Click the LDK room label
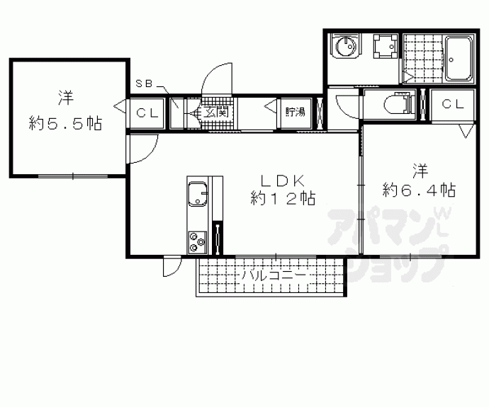click(283, 180)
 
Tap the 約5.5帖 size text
click(65, 124)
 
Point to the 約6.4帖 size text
click(420, 190)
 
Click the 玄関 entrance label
click(215, 112)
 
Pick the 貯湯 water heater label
click(296, 112)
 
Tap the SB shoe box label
click(144, 84)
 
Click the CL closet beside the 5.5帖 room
click(147, 113)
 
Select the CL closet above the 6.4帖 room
click(453, 105)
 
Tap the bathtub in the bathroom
click(458, 59)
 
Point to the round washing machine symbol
click(346, 46)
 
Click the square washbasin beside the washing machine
click(386, 46)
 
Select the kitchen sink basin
click(198, 195)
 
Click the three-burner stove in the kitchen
click(197, 242)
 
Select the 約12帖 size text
click(283, 198)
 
